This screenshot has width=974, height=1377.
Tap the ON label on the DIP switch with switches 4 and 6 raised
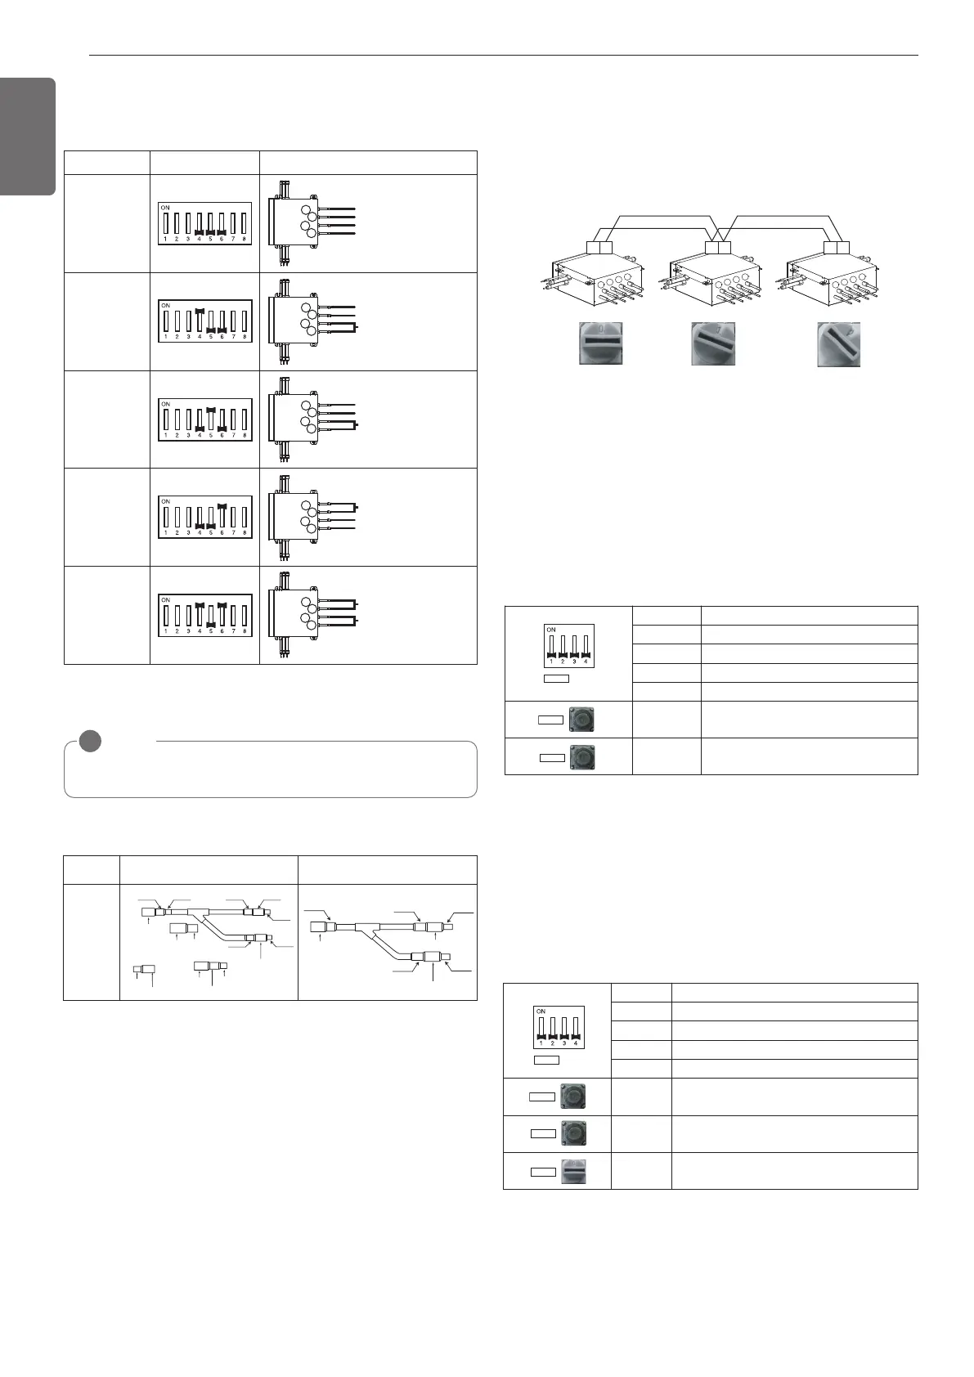pyautogui.click(x=165, y=599)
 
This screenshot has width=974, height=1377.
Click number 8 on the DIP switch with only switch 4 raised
pyautogui.click(x=245, y=337)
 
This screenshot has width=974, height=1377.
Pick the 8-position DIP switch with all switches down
pyautogui.click(x=204, y=223)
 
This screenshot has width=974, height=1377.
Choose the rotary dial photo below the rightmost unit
pyautogui.click(x=838, y=344)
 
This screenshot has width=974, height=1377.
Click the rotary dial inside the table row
pyautogui.click(x=574, y=1171)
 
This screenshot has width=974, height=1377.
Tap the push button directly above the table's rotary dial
pyautogui.click(x=574, y=1133)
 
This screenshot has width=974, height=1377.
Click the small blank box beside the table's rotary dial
pyautogui.click(x=543, y=1171)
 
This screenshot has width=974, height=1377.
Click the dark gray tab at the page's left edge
pyautogui.click(x=28, y=137)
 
